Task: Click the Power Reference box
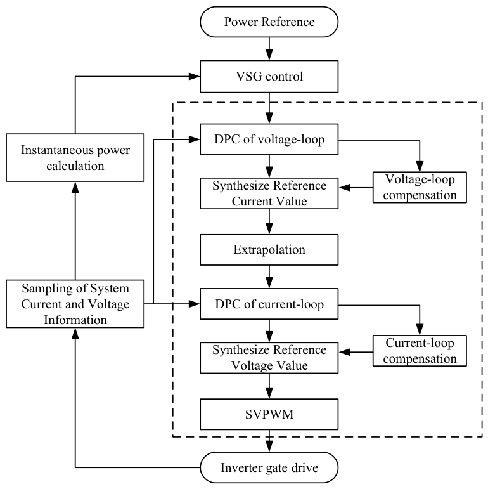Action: (x=269, y=22)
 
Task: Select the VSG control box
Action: (x=269, y=76)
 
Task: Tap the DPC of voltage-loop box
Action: (x=269, y=140)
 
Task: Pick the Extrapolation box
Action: (x=269, y=250)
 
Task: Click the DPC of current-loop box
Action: (x=269, y=304)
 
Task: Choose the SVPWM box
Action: (x=269, y=414)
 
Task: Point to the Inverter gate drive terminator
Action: (x=269, y=467)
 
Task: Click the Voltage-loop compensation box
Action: (x=420, y=188)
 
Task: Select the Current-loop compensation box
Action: (x=420, y=351)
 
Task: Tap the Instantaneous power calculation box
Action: (x=75, y=158)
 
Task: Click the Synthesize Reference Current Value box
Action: (x=269, y=193)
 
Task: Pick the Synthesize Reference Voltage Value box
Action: (x=269, y=358)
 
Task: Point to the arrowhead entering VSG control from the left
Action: (x=195, y=76)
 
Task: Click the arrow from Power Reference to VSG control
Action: (x=269, y=49)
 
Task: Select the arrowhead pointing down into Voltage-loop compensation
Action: (x=420, y=166)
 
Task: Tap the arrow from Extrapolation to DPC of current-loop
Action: (x=269, y=277)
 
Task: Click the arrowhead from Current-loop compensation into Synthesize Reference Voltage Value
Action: (x=344, y=352)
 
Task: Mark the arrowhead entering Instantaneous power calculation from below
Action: (x=75, y=187)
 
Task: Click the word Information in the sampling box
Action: (x=75, y=320)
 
